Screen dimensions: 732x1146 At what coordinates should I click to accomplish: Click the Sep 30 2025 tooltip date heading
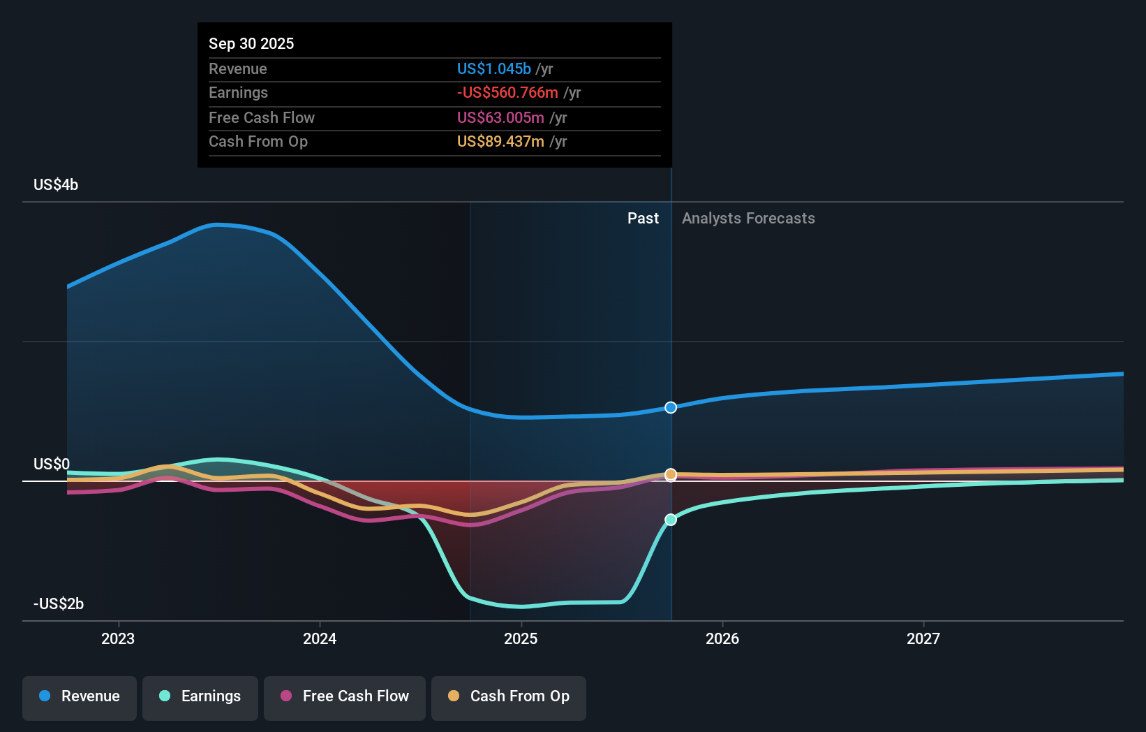[x=251, y=43]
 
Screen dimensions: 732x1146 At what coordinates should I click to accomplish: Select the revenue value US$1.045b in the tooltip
[x=493, y=68]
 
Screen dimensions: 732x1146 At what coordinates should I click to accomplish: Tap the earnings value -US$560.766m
[x=507, y=92]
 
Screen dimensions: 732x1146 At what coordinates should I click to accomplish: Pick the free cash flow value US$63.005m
[x=500, y=117]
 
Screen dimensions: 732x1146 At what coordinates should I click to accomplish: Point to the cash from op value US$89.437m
[x=500, y=141]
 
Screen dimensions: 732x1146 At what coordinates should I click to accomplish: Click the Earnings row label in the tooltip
[x=238, y=92]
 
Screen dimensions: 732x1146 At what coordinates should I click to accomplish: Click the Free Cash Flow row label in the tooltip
[x=261, y=117]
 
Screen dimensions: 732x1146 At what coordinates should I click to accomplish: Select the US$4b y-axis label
[x=56, y=184]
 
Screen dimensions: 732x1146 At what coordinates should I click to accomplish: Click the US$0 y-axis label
[x=52, y=464]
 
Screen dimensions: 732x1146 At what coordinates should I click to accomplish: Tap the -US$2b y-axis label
[x=59, y=603]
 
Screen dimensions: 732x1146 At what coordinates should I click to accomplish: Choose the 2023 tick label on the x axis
[x=118, y=638]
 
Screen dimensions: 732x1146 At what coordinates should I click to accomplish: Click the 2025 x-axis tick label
[x=521, y=638]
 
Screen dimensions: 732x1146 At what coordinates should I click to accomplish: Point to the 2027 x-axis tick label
[x=923, y=638]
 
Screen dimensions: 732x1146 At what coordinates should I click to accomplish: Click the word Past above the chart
[x=643, y=218]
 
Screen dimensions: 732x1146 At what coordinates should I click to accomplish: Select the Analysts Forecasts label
[x=748, y=218]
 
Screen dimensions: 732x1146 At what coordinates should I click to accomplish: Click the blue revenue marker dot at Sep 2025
[x=671, y=407]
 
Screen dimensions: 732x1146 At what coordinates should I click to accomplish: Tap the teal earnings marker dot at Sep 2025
[x=671, y=520]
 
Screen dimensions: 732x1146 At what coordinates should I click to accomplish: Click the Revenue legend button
[x=80, y=696]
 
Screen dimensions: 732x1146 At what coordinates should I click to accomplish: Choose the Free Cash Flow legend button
[x=345, y=696]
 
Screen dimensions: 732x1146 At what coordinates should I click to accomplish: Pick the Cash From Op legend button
[x=509, y=696]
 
